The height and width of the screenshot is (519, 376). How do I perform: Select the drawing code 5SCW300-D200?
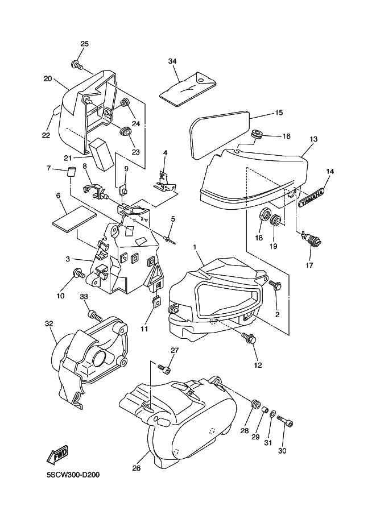[73, 475]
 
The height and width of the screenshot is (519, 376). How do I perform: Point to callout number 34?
[172, 61]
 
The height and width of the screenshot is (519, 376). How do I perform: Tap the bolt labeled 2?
[275, 284]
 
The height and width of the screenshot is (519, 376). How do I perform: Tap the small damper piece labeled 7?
[72, 172]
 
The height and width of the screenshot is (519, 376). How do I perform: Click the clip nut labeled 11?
[156, 301]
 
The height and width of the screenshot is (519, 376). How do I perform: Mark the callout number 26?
[137, 468]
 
